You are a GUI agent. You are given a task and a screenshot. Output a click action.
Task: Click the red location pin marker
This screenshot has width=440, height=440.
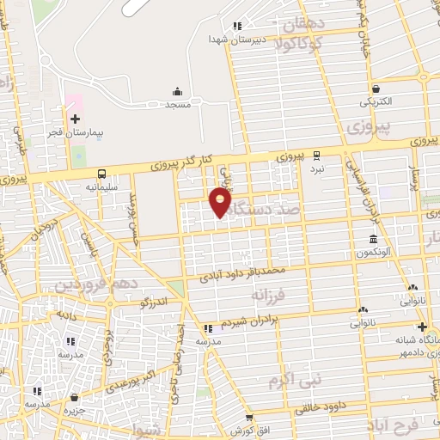(221, 202)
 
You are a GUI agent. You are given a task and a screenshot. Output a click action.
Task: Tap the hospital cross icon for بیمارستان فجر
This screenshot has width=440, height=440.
(74, 119)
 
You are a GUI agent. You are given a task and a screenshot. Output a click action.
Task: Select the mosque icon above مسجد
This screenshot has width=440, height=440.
(177, 90)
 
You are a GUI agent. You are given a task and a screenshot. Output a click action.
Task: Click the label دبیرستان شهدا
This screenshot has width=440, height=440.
(237, 40)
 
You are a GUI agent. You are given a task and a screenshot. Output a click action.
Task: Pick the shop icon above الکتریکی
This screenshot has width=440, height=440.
(376, 89)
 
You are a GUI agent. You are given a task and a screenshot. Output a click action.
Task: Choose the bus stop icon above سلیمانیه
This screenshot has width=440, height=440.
(102, 172)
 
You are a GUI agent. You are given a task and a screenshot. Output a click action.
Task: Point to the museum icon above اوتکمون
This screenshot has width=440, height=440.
(373, 239)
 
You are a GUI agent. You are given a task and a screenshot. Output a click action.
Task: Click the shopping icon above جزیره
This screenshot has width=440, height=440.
(77, 397)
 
